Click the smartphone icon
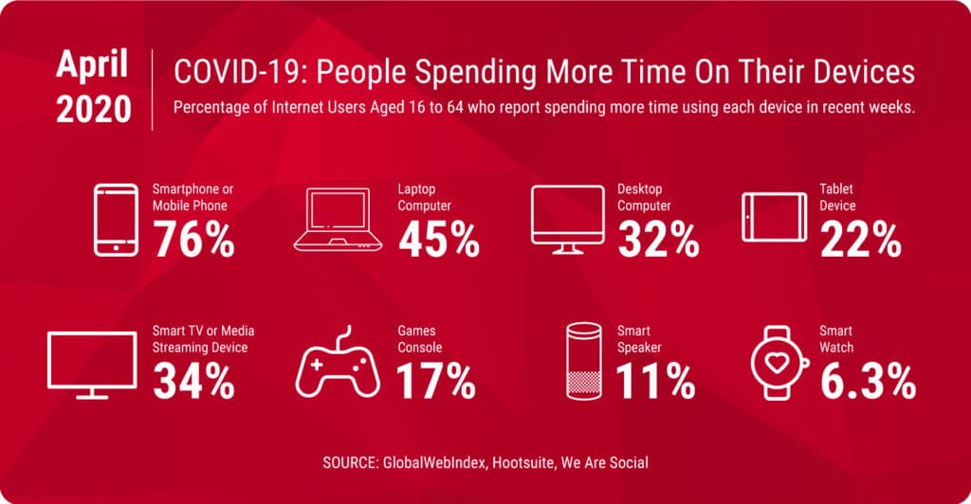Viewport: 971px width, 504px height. coord(117,220)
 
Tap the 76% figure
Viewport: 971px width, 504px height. coord(193,240)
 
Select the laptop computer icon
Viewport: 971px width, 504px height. coord(338,220)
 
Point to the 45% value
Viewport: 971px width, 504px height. coord(438,240)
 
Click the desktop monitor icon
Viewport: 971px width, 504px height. coord(567,220)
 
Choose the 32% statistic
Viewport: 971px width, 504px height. coord(658,240)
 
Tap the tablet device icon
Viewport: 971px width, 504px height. coord(774,217)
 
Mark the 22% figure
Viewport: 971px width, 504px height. coord(861,240)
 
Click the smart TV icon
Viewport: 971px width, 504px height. coord(92,365)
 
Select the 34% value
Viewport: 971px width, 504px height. coord(193,381)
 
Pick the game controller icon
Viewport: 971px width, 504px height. coord(338,362)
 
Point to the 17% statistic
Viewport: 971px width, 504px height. coord(436,381)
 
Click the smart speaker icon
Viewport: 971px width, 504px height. coord(583,361)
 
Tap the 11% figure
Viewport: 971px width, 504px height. coord(656,381)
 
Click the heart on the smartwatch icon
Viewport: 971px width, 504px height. coord(778,363)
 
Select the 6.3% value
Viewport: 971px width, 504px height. coord(868,381)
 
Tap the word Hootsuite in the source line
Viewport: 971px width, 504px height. coord(523,462)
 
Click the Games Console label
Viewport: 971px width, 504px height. coord(420,339)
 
